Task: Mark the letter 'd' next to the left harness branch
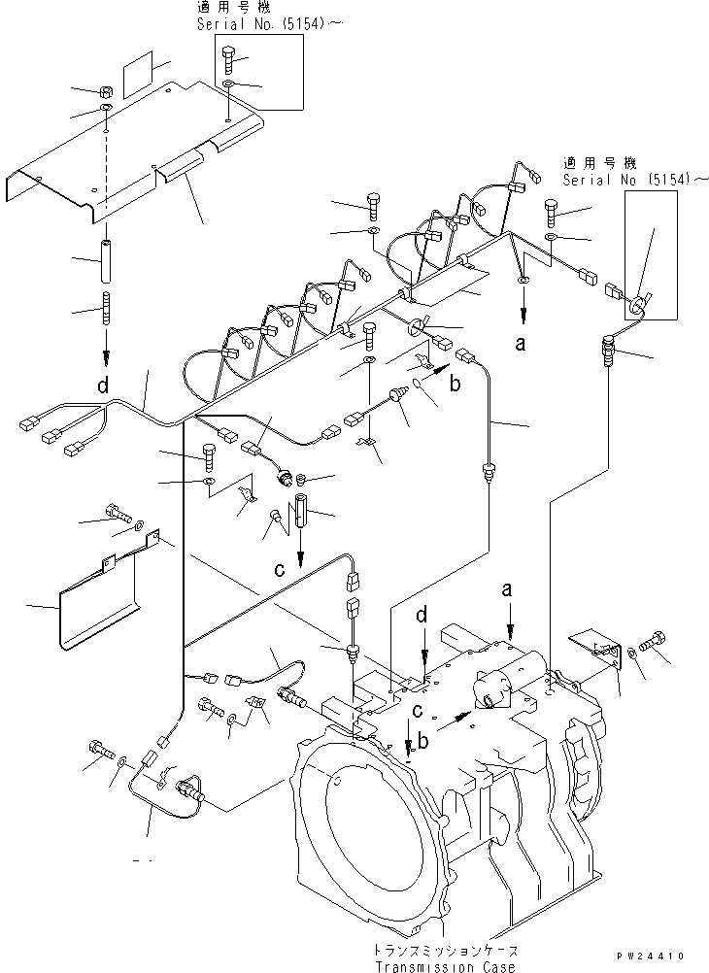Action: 102,386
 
